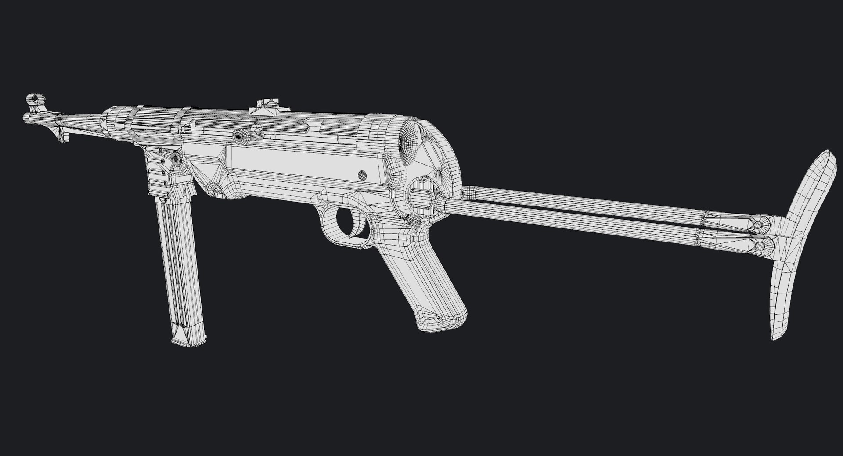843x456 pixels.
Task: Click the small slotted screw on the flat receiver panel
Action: coord(362,174)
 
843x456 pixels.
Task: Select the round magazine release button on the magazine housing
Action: coord(177,158)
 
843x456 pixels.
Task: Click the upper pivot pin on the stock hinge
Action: coord(758,225)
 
